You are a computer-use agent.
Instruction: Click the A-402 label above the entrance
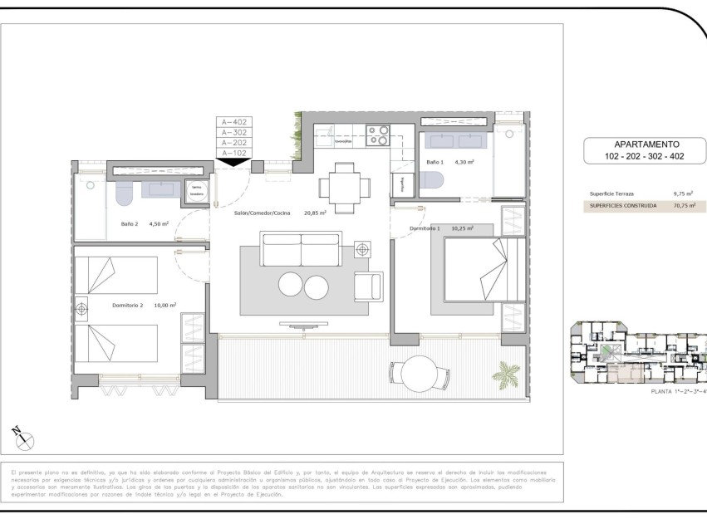click(x=233, y=122)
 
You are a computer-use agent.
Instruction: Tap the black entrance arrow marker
click(x=233, y=162)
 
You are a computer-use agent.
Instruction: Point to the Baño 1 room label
click(x=435, y=162)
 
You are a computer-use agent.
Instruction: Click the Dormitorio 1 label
click(x=427, y=228)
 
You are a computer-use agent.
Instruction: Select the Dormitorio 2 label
click(x=128, y=305)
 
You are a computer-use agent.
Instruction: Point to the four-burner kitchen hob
click(x=378, y=135)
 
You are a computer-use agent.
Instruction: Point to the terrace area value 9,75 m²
click(x=683, y=193)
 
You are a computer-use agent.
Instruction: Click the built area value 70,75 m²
click(x=683, y=205)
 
